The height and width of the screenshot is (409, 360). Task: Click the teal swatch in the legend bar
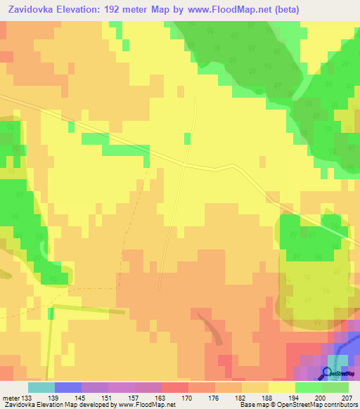41,387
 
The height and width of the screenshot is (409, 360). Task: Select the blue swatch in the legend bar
68,387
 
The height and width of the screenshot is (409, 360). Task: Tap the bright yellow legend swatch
282,387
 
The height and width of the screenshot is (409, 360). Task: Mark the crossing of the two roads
184,164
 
